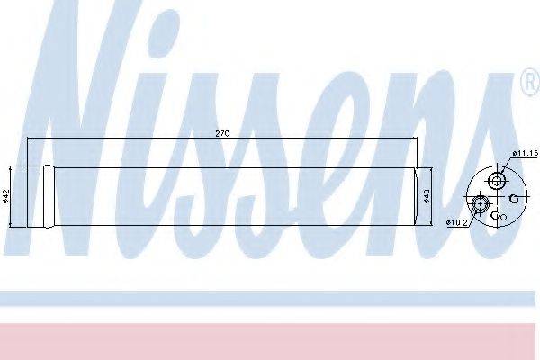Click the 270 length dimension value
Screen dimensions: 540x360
point(222,134)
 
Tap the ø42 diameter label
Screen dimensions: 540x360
point(5,195)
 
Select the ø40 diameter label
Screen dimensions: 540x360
point(427,195)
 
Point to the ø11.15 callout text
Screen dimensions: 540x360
point(526,153)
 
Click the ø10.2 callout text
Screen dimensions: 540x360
point(457,223)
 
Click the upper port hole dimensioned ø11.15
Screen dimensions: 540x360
point(496,181)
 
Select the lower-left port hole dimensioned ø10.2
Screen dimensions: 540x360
point(480,204)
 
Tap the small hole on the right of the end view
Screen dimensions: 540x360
point(514,198)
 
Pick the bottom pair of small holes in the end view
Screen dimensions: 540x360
point(499,216)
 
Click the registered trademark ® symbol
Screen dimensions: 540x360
point(531,82)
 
